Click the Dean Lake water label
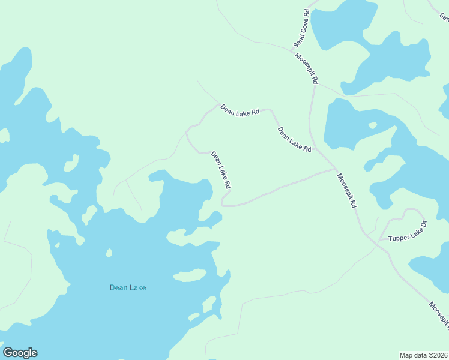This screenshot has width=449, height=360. [x=128, y=287]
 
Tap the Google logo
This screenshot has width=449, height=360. [x=20, y=353]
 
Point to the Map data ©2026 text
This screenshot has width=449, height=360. [x=424, y=355]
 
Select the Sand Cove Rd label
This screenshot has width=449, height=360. [x=301, y=29]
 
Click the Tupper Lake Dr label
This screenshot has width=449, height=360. [x=407, y=232]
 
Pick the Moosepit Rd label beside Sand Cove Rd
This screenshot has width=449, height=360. [x=306, y=68]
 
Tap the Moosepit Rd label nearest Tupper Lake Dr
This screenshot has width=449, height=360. [x=346, y=191]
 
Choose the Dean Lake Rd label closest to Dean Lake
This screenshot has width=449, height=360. [x=221, y=170]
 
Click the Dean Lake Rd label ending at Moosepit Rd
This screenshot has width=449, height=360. [x=294, y=139]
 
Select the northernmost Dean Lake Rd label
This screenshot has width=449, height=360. [x=240, y=110]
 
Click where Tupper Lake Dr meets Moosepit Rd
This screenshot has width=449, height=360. [x=376, y=241]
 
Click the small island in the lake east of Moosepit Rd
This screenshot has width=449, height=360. [x=372, y=126]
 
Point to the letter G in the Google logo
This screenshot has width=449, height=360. [x=8, y=353]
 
